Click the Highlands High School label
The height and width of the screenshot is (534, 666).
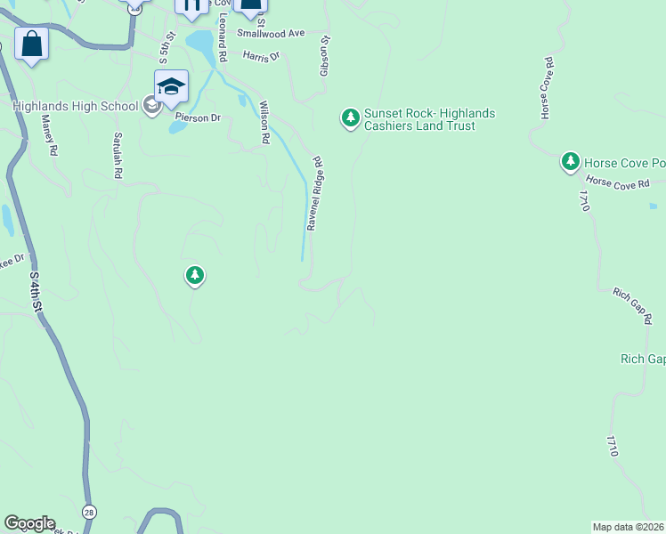(x=76, y=106)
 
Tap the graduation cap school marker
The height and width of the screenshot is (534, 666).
(x=171, y=86)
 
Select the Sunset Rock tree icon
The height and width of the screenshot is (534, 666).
(x=351, y=117)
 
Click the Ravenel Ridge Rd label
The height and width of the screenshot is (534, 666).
(x=314, y=194)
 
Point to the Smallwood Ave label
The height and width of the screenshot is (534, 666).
(x=271, y=33)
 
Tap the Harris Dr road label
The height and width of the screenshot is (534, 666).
(x=261, y=55)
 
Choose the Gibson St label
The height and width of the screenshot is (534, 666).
(x=325, y=55)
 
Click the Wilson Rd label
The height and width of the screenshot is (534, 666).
(x=264, y=123)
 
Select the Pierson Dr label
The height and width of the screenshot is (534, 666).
(x=197, y=117)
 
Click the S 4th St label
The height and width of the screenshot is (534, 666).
(x=37, y=292)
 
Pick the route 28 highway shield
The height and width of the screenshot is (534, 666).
(x=89, y=512)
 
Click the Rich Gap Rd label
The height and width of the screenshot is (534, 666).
(x=633, y=304)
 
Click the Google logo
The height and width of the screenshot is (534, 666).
(x=28, y=523)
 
